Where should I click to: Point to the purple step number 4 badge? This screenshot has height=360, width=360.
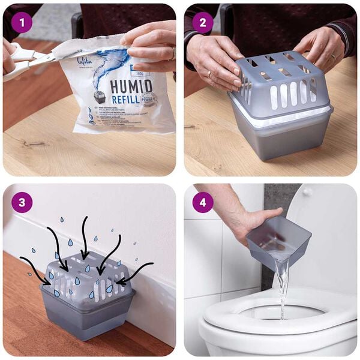(202, 202)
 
